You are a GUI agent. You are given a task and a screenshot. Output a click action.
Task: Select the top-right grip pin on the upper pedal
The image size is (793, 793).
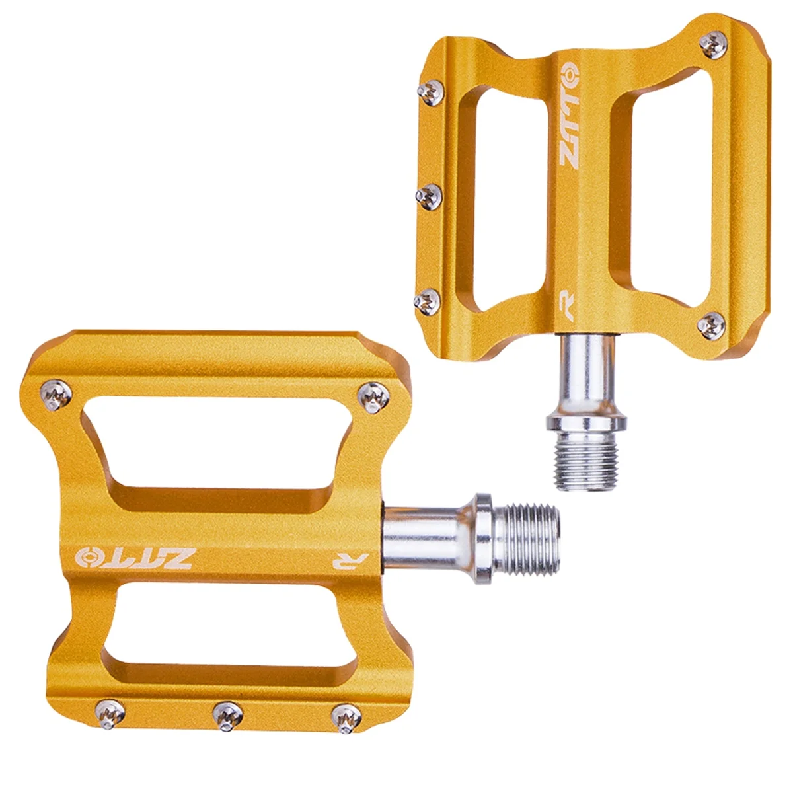click(x=714, y=44)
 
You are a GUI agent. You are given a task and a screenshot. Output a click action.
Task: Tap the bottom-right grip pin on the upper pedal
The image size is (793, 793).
click(x=712, y=325)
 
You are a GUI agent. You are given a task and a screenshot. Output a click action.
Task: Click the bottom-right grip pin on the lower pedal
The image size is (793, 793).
click(x=346, y=716)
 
